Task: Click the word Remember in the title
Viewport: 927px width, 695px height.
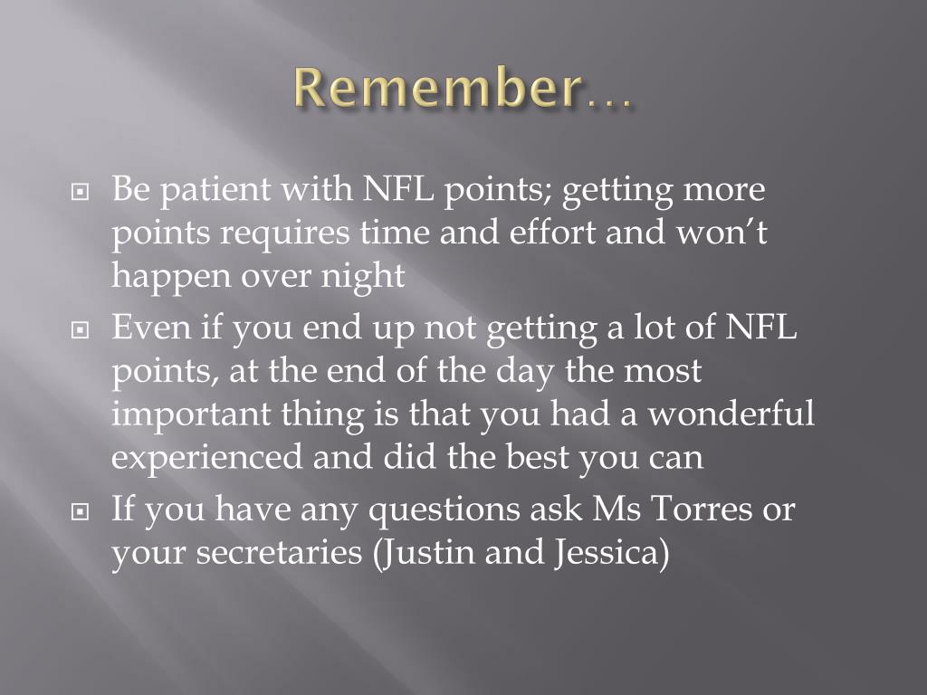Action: pos(436,88)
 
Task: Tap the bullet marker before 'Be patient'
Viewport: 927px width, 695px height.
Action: pos(80,192)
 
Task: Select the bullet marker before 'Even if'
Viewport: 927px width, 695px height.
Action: pos(80,329)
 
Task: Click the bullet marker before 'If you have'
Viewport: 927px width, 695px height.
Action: pos(80,511)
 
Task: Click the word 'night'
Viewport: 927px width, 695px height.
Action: pos(362,276)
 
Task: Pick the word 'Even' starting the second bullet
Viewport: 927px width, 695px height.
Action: pos(151,327)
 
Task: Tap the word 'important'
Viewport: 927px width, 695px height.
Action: pos(191,414)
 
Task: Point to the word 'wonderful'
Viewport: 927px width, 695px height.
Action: pos(731,413)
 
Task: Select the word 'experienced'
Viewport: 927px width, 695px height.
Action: pos(207,459)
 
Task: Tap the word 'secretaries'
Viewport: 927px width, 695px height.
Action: pos(279,552)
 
